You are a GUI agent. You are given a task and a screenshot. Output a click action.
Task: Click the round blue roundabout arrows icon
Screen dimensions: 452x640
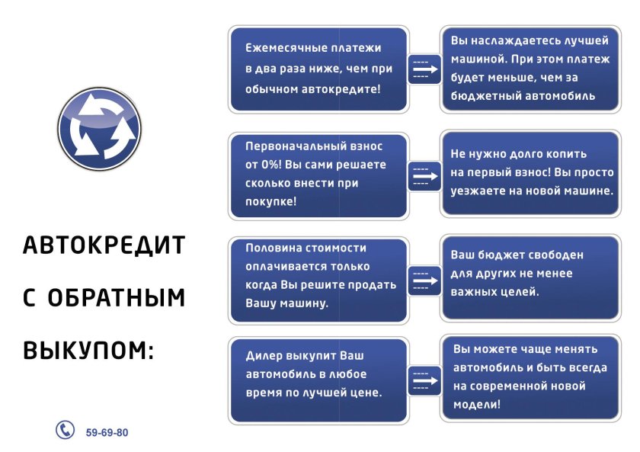(x=100, y=129)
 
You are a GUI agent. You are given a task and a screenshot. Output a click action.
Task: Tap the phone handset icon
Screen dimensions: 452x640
(x=65, y=429)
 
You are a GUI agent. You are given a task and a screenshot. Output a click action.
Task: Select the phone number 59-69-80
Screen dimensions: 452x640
(x=107, y=432)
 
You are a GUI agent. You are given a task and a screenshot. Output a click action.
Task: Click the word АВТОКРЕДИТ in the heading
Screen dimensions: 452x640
(x=104, y=245)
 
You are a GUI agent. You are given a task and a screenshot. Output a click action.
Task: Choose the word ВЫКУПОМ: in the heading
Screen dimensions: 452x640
(x=88, y=351)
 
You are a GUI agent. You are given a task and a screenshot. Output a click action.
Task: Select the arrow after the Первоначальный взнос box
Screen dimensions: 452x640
(x=425, y=176)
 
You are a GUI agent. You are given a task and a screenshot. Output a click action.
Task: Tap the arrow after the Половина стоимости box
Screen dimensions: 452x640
(x=425, y=280)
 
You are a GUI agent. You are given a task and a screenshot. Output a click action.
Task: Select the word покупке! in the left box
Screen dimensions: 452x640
(x=271, y=202)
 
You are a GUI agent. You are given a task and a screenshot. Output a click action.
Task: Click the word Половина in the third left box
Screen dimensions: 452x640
(x=273, y=248)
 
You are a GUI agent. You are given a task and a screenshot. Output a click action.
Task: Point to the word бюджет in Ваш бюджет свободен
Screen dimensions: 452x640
(x=504, y=255)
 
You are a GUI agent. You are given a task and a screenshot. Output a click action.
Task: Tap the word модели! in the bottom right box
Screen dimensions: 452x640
(x=477, y=405)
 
